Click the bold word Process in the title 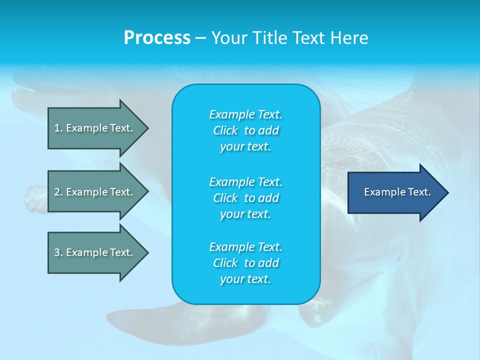point(157,38)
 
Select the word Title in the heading point(270,38)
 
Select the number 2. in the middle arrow point(58,192)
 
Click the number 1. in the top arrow point(58,128)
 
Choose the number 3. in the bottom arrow point(58,252)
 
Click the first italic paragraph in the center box point(245,130)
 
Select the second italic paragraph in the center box point(245,197)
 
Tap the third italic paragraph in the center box point(245,263)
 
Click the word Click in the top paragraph point(225,130)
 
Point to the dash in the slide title point(200,38)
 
